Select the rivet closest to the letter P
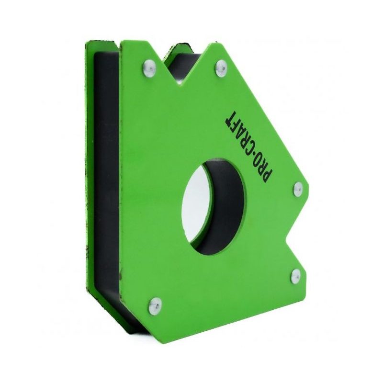pos(297,188)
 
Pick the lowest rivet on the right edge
pos(296,274)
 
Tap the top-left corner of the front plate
pos(122,42)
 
